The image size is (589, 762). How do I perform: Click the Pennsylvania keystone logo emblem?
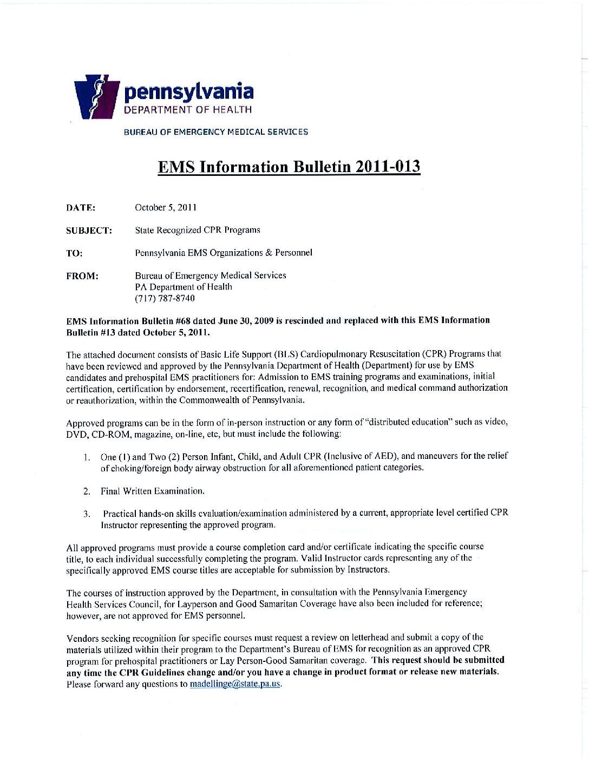click(x=96, y=97)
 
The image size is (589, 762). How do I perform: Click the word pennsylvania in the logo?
click(x=188, y=91)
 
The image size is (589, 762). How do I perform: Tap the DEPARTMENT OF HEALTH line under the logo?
click(x=188, y=110)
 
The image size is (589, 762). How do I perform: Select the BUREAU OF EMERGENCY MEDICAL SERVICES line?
click(x=216, y=132)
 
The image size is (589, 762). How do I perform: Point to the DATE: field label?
click(x=81, y=208)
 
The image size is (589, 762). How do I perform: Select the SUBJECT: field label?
click(x=89, y=231)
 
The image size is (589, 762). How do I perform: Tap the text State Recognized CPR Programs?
click(x=198, y=230)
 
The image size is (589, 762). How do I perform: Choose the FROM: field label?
click(x=82, y=276)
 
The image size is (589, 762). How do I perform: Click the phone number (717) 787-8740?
click(x=165, y=298)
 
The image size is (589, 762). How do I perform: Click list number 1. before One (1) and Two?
click(x=87, y=457)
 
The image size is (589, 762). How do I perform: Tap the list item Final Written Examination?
click(x=153, y=491)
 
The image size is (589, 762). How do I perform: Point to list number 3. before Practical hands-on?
click(x=87, y=514)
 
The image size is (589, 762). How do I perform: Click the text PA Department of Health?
click(x=184, y=287)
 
